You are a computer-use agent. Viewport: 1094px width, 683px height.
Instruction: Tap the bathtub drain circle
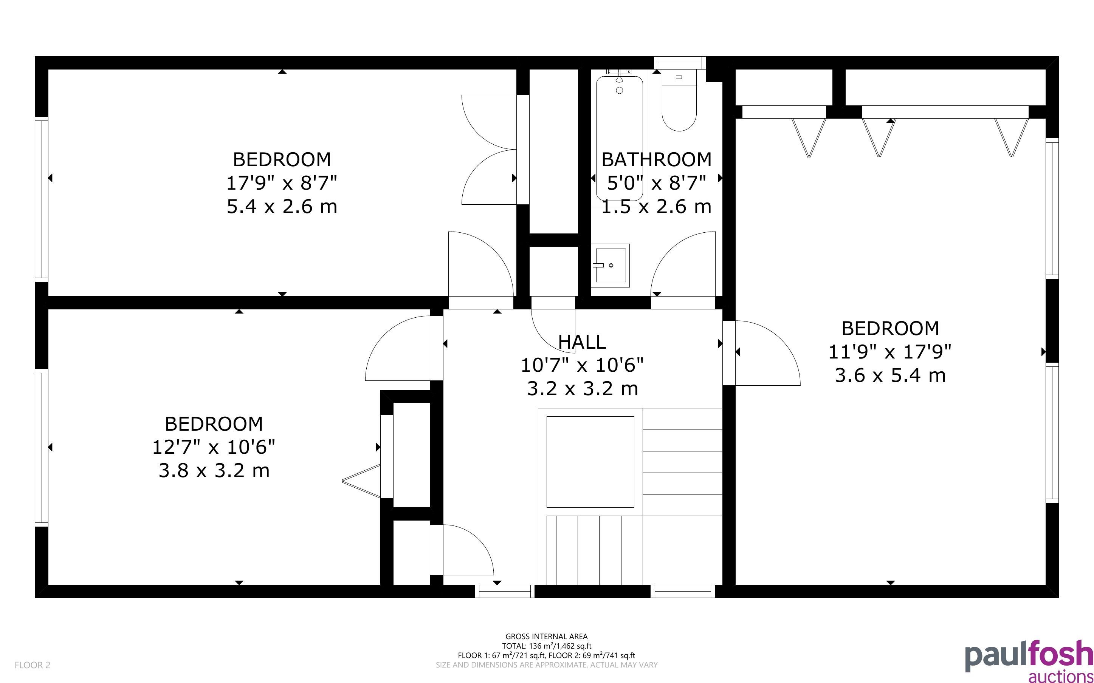(x=620, y=90)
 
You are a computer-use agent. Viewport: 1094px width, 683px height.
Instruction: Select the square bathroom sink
(x=611, y=266)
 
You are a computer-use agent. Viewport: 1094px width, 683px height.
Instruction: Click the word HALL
(x=582, y=342)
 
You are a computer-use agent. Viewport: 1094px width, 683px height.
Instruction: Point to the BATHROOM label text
(x=657, y=159)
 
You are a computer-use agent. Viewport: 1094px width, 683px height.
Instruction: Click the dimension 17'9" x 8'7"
(x=282, y=183)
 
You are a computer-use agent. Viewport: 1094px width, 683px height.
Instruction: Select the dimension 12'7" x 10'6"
(x=214, y=447)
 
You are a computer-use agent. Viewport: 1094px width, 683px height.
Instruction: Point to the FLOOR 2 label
(x=33, y=665)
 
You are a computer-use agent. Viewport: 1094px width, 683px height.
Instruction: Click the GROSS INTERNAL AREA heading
(x=546, y=637)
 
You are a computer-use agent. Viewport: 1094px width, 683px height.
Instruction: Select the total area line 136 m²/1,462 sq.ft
(x=546, y=646)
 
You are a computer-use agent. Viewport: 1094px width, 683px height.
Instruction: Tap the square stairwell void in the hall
(x=590, y=462)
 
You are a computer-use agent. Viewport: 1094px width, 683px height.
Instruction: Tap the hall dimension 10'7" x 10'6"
(x=582, y=365)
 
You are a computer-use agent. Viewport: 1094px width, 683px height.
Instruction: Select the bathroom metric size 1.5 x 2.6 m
(x=657, y=206)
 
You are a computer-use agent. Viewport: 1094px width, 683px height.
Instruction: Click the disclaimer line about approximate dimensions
(x=546, y=665)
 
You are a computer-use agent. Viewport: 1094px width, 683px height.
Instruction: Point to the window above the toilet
(x=680, y=63)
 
